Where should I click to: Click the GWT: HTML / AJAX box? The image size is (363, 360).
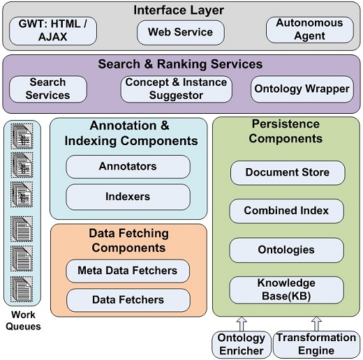pos(53,31)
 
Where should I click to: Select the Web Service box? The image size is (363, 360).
pos(181,32)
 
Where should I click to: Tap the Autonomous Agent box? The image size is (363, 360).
pos(310,30)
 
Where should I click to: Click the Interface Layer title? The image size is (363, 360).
pos(179,10)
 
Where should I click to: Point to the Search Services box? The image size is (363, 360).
pos(48,89)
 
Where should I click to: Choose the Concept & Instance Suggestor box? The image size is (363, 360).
pos(176,89)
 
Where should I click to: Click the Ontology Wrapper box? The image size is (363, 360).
pos(302,89)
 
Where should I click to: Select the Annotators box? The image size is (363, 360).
pos(128,167)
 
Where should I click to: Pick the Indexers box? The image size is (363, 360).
pos(128,197)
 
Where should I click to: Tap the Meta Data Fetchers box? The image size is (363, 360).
pos(128,271)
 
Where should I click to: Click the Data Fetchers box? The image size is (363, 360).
pos(128,300)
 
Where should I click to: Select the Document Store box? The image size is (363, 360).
pos(288,173)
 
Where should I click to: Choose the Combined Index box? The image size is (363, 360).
pos(286,211)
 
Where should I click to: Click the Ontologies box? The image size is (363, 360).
pos(286,250)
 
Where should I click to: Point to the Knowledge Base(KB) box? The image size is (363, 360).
pos(286,290)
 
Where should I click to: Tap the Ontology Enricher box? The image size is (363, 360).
pos(242,345)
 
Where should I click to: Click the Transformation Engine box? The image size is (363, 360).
pos(316,345)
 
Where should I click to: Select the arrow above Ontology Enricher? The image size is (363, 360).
pos(242,324)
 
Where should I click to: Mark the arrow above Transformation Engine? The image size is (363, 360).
pos(316,324)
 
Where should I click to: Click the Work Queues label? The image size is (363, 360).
pos(23,321)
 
